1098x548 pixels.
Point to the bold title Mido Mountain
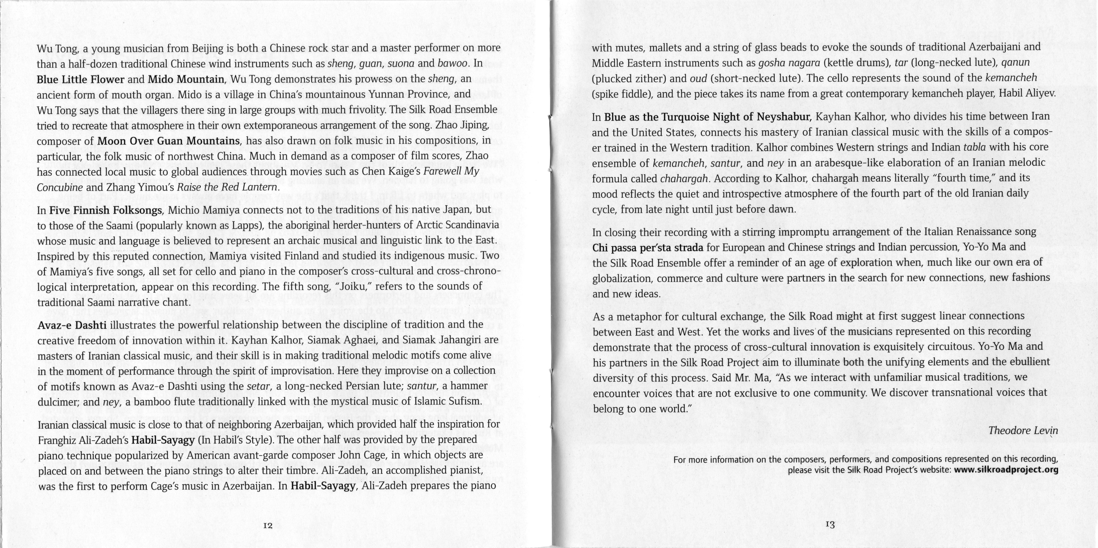click(x=186, y=79)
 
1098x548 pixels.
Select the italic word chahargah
click(x=684, y=179)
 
